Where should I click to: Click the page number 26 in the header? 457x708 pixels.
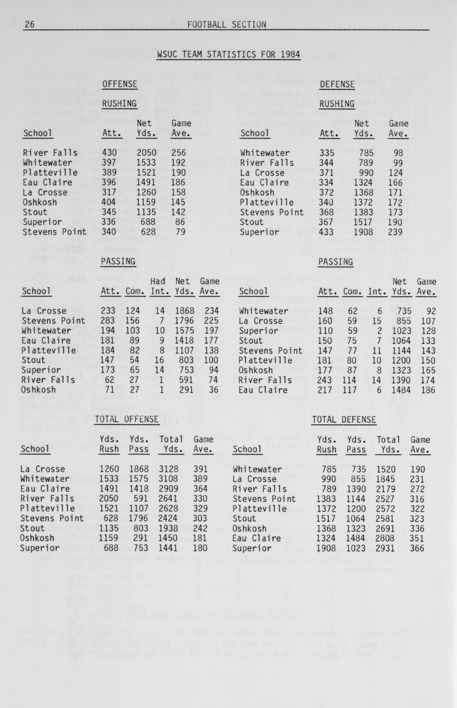pyautogui.click(x=29, y=25)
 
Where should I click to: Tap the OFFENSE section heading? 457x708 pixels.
pyautogui.click(x=120, y=84)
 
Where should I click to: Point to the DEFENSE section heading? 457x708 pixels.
pyautogui.click(x=337, y=84)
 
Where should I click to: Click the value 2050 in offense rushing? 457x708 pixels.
pyautogui.click(x=146, y=153)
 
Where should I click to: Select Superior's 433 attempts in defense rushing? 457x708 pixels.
pyautogui.click(x=326, y=232)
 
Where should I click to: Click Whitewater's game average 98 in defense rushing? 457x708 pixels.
pyautogui.click(x=398, y=153)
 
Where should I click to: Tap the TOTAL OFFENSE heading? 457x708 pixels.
pyautogui.click(x=127, y=419)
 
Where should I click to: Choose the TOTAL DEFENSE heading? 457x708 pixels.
pyautogui.click(x=344, y=419)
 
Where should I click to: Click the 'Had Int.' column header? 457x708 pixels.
pyautogui.click(x=158, y=286)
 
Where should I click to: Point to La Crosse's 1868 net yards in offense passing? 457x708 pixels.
pyautogui.click(x=184, y=311)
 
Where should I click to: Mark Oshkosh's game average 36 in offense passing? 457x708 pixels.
pyautogui.click(x=213, y=390)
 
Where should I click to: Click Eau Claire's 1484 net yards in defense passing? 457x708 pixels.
pyautogui.click(x=401, y=390)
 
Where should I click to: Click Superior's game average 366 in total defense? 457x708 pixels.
pyautogui.click(x=417, y=548)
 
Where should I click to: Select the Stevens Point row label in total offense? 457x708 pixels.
pyautogui.click(x=52, y=518)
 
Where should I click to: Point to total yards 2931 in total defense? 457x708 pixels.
pyautogui.click(x=385, y=548)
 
